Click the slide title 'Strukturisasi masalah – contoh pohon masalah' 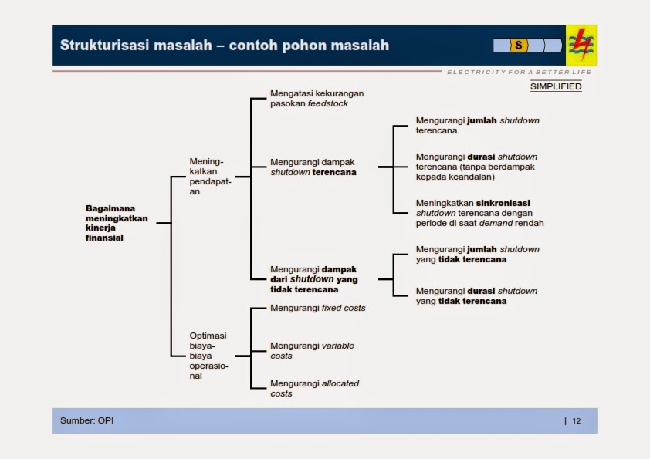coord(225,46)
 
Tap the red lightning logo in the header coord(581,45)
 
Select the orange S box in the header coord(518,46)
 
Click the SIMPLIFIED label coord(556,86)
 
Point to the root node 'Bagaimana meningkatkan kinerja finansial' coord(116,223)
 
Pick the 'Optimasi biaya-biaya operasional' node coord(208,356)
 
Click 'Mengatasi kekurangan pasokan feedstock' coord(317,98)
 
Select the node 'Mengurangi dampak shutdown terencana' coord(313,167)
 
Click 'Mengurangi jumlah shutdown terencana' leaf coord(477,126)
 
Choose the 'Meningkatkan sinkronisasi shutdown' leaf coord(479,213)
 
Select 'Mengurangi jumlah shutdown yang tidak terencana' coord(477,255)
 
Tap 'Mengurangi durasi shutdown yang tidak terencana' coord(476,296)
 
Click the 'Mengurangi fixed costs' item coord(317,308)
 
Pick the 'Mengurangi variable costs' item coord(312,351)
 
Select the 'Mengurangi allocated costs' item coord(314,388)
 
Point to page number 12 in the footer coord(577,421)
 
